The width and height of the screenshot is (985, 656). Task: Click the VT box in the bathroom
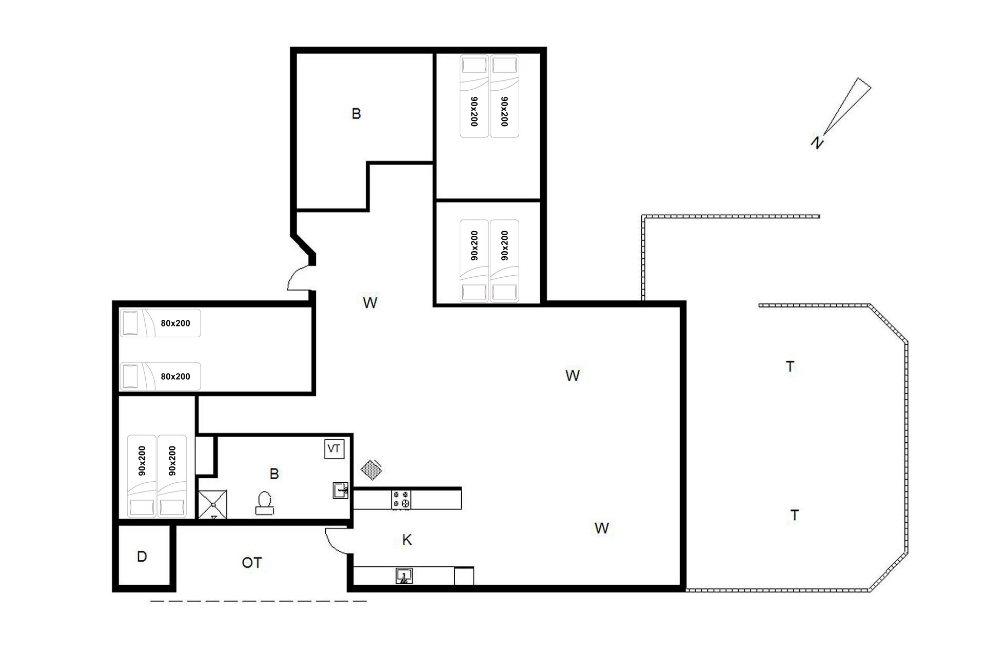pyautogui.click(x=334, y=449)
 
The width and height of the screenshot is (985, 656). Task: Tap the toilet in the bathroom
pyautogui.click(x=264, y=503)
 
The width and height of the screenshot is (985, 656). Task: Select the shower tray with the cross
pyautogui.click(x=212, y=504)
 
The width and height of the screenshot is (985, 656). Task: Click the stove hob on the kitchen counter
pyautogui.click(x=401, y=500)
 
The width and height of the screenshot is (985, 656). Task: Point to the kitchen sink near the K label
pyautogui.click(x=404, y=576)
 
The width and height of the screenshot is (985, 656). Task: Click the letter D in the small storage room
pyautogui.click(x=142, y=557)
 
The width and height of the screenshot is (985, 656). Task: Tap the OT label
pyautogui.click(x=251, y=563)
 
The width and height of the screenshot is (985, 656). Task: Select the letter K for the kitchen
pyautogui.click(x=407, y=540)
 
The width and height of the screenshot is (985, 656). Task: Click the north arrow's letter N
pyautogui.click(x=817, y=142)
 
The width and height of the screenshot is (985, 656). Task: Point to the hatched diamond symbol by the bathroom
pyautogui.click(x=370, y=469)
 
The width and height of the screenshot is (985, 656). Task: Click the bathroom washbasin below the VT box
pyautogui.click(x=341, y=490)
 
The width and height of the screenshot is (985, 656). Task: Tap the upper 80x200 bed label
pyautogui.click(x=175, y=323)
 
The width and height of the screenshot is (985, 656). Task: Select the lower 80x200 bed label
pyautogui.click(x=175, y=376)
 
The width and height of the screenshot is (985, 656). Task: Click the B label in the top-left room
pyautogui.click(x=356, y=113)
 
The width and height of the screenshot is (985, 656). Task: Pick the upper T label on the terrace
pyautogui.click(x=790, y=366)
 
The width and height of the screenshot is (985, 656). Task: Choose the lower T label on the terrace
pyautogui.click(x=795, y=515)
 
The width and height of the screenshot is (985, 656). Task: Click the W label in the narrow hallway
pyautogui.click(x=370, y=303)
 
